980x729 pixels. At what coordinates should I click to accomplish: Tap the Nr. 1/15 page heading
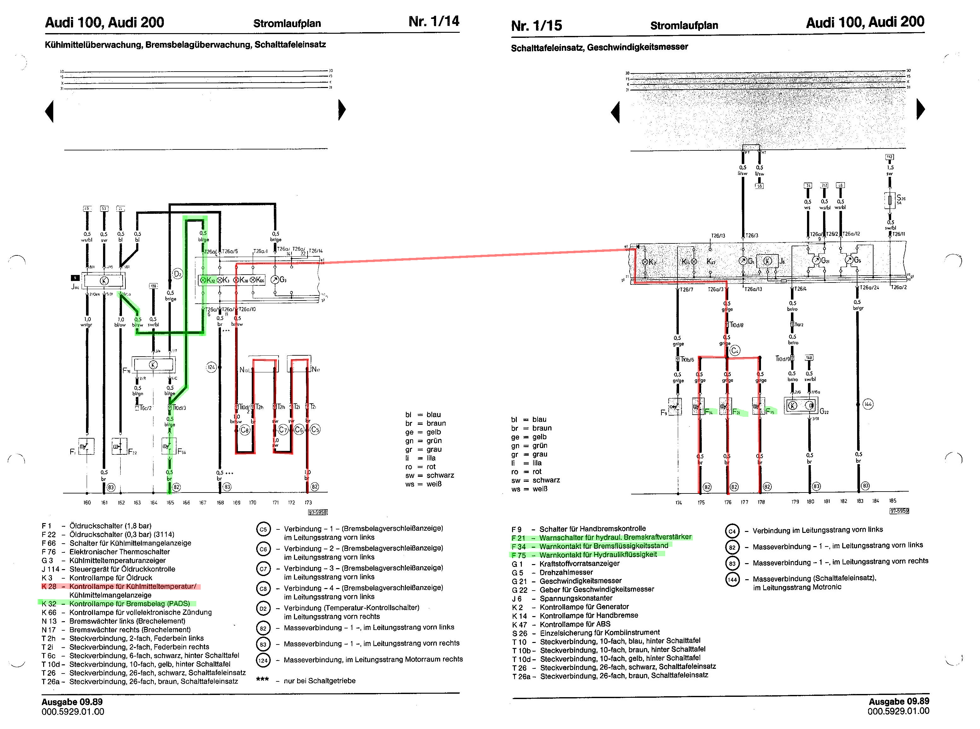[x=536, y=26]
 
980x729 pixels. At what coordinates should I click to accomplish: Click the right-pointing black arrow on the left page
[x=342, y=110]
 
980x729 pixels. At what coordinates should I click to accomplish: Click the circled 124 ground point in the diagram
[x=212, y=367]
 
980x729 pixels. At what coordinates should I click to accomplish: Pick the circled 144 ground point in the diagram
[x=868, y=404]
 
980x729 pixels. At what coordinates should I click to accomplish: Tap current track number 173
[x=308, y=503]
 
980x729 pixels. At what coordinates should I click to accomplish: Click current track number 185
[x=892, y=501]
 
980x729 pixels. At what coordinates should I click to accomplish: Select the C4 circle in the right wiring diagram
[x=734, y=351]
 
